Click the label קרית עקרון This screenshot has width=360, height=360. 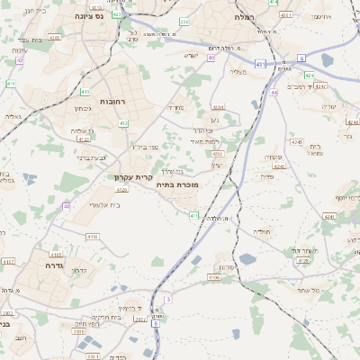point(133,176)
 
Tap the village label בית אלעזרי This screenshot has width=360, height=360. point(106,205)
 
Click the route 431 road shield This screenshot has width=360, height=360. point(260,64)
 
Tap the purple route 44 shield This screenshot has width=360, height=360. point(273,92)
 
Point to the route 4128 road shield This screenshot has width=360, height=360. point(302,260)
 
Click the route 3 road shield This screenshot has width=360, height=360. point(168,299)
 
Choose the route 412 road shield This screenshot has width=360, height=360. point(122,123)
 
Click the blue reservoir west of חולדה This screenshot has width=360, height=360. point(196,260)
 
